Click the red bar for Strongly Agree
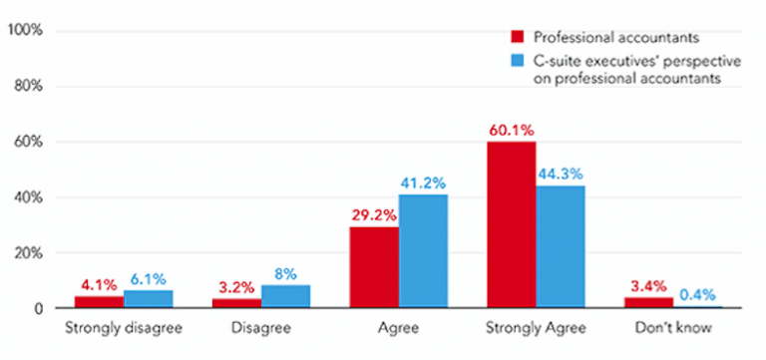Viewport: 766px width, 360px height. (512, 225)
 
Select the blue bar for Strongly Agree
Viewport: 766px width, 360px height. (561, 247)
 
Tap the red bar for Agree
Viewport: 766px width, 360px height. (374, 268)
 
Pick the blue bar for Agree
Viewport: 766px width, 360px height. (423, 251)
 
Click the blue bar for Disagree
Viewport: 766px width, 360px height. (285, 297)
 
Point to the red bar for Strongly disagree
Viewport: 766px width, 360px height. (99, 302)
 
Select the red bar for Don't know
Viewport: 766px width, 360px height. (648, 303)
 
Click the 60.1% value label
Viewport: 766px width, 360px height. (511, 131)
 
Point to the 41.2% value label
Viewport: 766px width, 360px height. (424, 182)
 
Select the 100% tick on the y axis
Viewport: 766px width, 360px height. (24, 31)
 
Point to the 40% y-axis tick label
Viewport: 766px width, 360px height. (27, 197)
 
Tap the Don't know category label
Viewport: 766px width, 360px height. (672, 328)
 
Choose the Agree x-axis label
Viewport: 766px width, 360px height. (398, 328)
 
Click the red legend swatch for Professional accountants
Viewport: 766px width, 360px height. (517, 37)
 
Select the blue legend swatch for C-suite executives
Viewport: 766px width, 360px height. (517, 62)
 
